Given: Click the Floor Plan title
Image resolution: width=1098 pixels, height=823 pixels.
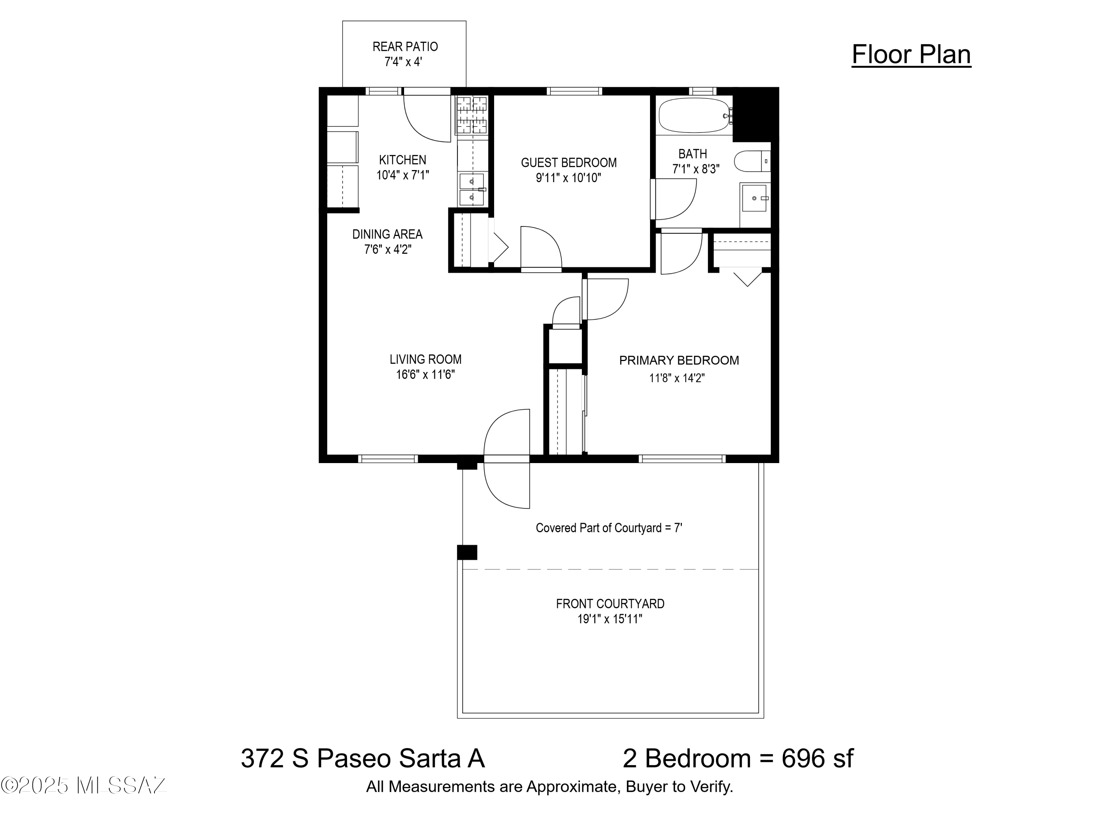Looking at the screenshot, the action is [x=911, y=55].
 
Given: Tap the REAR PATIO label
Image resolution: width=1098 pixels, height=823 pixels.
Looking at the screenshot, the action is [x=405, y=46].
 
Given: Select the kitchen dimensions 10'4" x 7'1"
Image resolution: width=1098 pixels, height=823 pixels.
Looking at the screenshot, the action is [x=403, y=175].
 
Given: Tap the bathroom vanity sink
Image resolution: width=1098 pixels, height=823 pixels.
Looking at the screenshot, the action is [x=754, y=198].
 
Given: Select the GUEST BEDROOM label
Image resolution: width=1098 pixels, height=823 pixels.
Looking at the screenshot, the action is [x=569, y=163].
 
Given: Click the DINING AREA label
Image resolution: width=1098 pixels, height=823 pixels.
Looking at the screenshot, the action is [x=387, y=234].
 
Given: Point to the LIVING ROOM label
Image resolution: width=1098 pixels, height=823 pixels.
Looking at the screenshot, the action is [x=425, y=359].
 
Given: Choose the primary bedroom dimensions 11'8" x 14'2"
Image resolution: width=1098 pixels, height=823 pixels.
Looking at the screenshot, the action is [x=677, y=378].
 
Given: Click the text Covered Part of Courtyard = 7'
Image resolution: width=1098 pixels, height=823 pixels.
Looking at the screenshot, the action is [x=609, y=528].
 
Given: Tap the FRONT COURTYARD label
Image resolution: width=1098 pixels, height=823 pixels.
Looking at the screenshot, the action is [x=610, y=604].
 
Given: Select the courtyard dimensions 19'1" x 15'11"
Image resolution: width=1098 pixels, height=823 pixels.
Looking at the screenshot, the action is [x=609, y=619].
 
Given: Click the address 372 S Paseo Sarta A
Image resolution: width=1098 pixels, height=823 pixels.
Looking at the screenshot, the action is [x=363, y=759].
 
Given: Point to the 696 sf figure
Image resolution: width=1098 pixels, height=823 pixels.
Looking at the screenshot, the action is [x=818, y=759].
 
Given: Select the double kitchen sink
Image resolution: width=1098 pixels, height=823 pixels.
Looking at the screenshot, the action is [x=471, y=189].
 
